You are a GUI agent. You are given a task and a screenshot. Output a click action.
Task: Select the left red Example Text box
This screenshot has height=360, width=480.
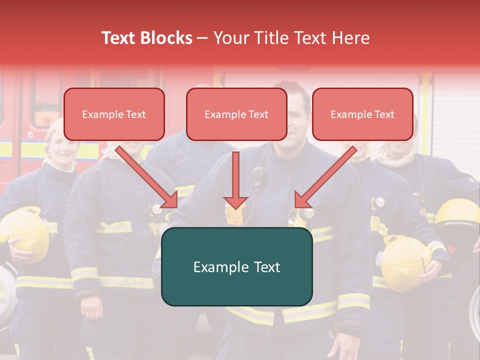point(114,114)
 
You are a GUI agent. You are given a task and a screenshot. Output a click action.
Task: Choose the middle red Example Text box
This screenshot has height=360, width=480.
point(236,114)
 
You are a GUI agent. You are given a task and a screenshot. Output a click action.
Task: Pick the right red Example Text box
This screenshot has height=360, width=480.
point(362,114)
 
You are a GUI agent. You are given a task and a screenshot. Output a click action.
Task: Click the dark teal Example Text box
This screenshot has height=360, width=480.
point(236,266)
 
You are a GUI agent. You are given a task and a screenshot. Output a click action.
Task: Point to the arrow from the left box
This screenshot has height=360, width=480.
point(147,177)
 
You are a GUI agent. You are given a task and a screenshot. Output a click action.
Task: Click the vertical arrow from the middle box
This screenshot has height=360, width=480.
point(235,180)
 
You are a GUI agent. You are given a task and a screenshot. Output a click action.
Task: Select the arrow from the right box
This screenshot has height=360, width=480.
point(325,177)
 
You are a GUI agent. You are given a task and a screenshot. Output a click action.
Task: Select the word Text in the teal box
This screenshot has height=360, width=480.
point(262,267)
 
